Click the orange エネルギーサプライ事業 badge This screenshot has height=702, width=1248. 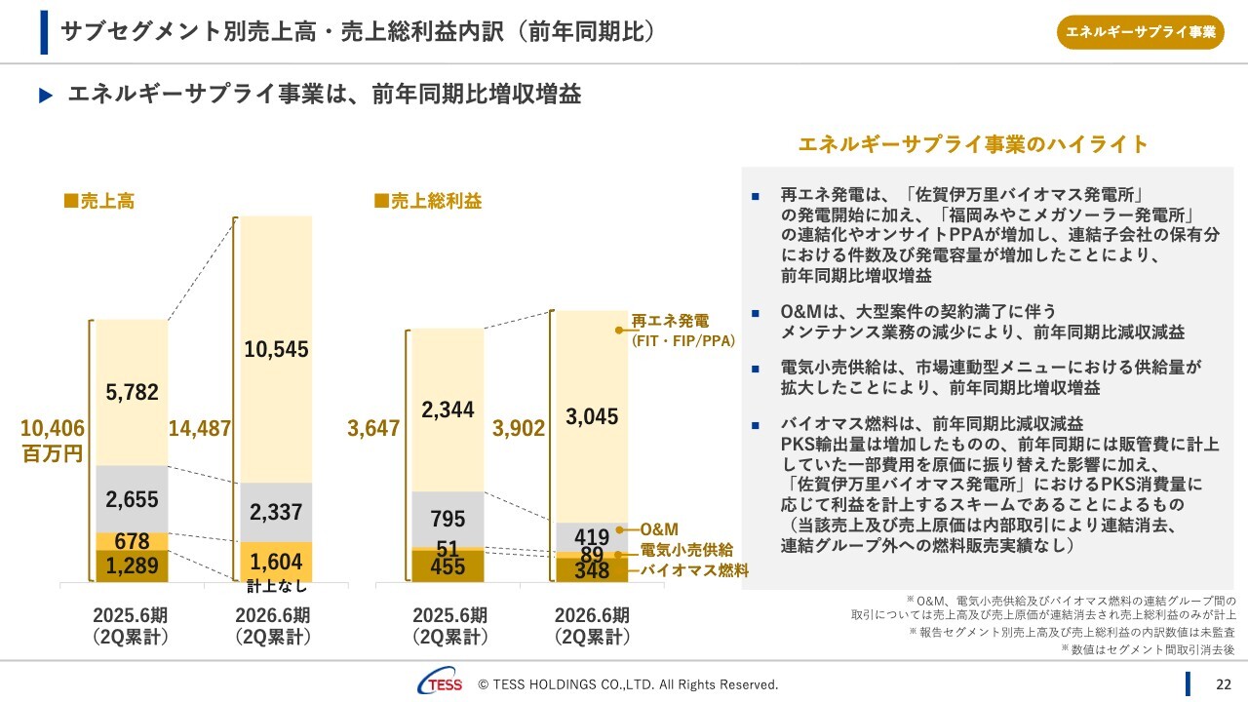(x=1140, y=32)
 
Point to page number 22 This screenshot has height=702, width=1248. (x=1222, y=683)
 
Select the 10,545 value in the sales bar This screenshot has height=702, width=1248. (x=276, y=348)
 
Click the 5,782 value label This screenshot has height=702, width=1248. (x=133, y=392)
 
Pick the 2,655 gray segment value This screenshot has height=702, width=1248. (x=133, y=499)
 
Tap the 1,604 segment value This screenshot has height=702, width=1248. (x=276, y=562)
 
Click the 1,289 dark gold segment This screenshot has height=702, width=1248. (x=133, y=566)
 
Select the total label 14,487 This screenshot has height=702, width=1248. (x=200, y=428)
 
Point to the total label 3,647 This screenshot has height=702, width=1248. (x=374, y=428)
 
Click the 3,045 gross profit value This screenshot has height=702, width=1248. (x=592, y=417)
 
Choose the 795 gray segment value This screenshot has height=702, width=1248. (x=448, y=519)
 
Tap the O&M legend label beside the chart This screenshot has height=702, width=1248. (x=659, y=529)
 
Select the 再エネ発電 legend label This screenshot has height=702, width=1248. (x=671, y=320)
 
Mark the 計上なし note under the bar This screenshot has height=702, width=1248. (x=276, y=586)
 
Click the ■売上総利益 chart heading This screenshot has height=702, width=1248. (x=428, y=202)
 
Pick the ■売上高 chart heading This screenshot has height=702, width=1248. (x=99, y=202)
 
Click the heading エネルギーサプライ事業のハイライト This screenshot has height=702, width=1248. (x=973, y=145)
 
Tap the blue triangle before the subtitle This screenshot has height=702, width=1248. (x=44, y=96)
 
